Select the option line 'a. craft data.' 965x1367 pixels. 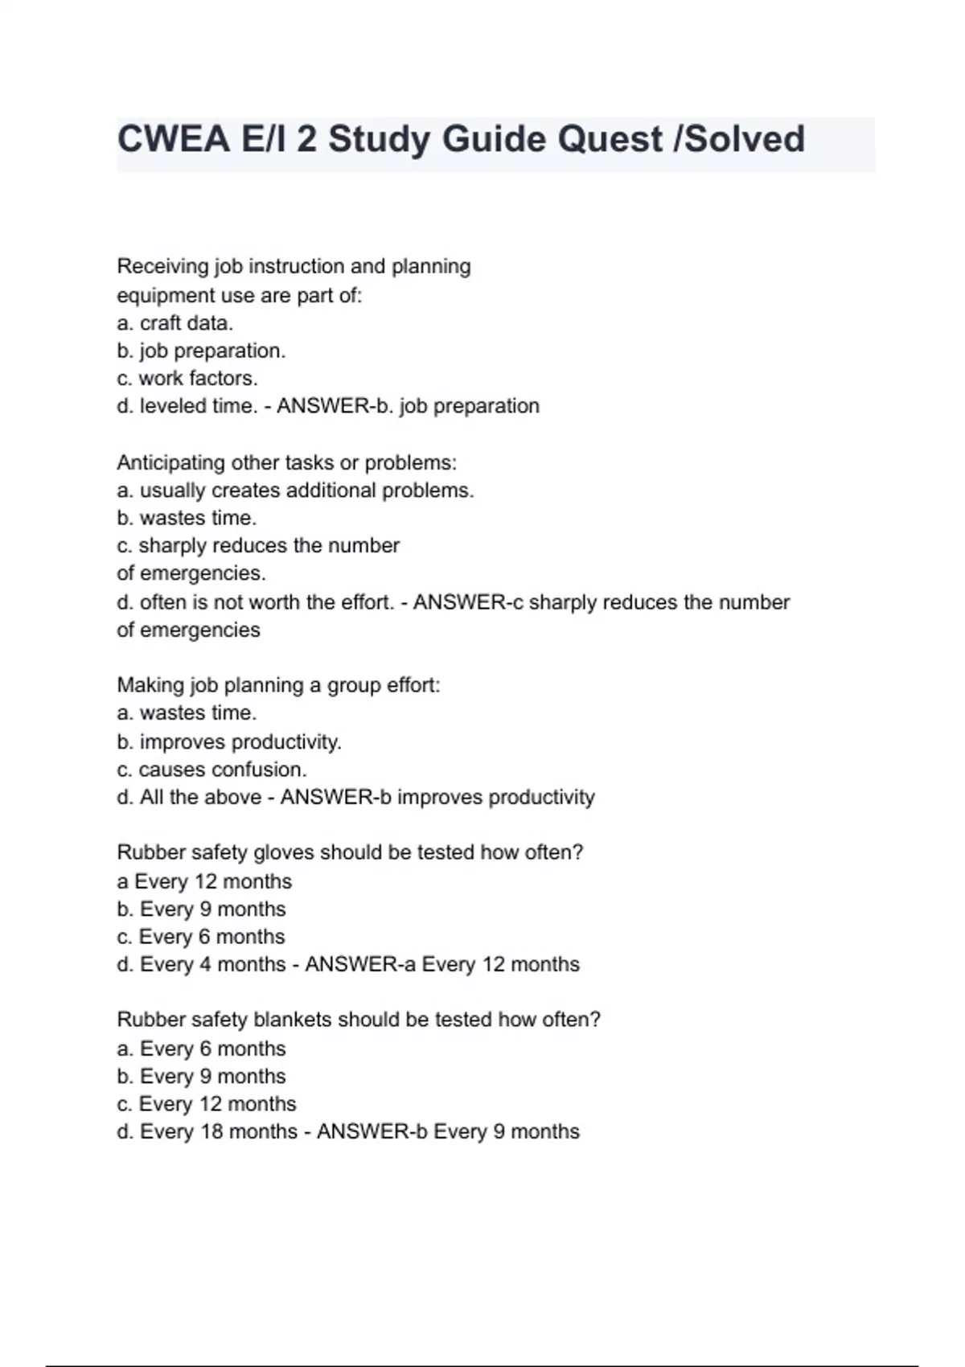click(175, 323)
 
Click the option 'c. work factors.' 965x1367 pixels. click(187, 378)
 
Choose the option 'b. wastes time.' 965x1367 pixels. click(187, 518)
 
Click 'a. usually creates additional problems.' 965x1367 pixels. click(295, 491)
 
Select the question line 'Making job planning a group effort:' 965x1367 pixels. click(278, 685)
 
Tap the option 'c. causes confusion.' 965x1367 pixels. click(211, 770)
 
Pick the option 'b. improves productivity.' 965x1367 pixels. click(229, 741)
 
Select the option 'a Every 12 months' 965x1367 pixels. click(204, 881)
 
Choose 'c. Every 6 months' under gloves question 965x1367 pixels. click(201, 937)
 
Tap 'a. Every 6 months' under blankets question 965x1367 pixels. click(201, 1049)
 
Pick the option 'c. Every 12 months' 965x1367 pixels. click(207, 1104)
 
